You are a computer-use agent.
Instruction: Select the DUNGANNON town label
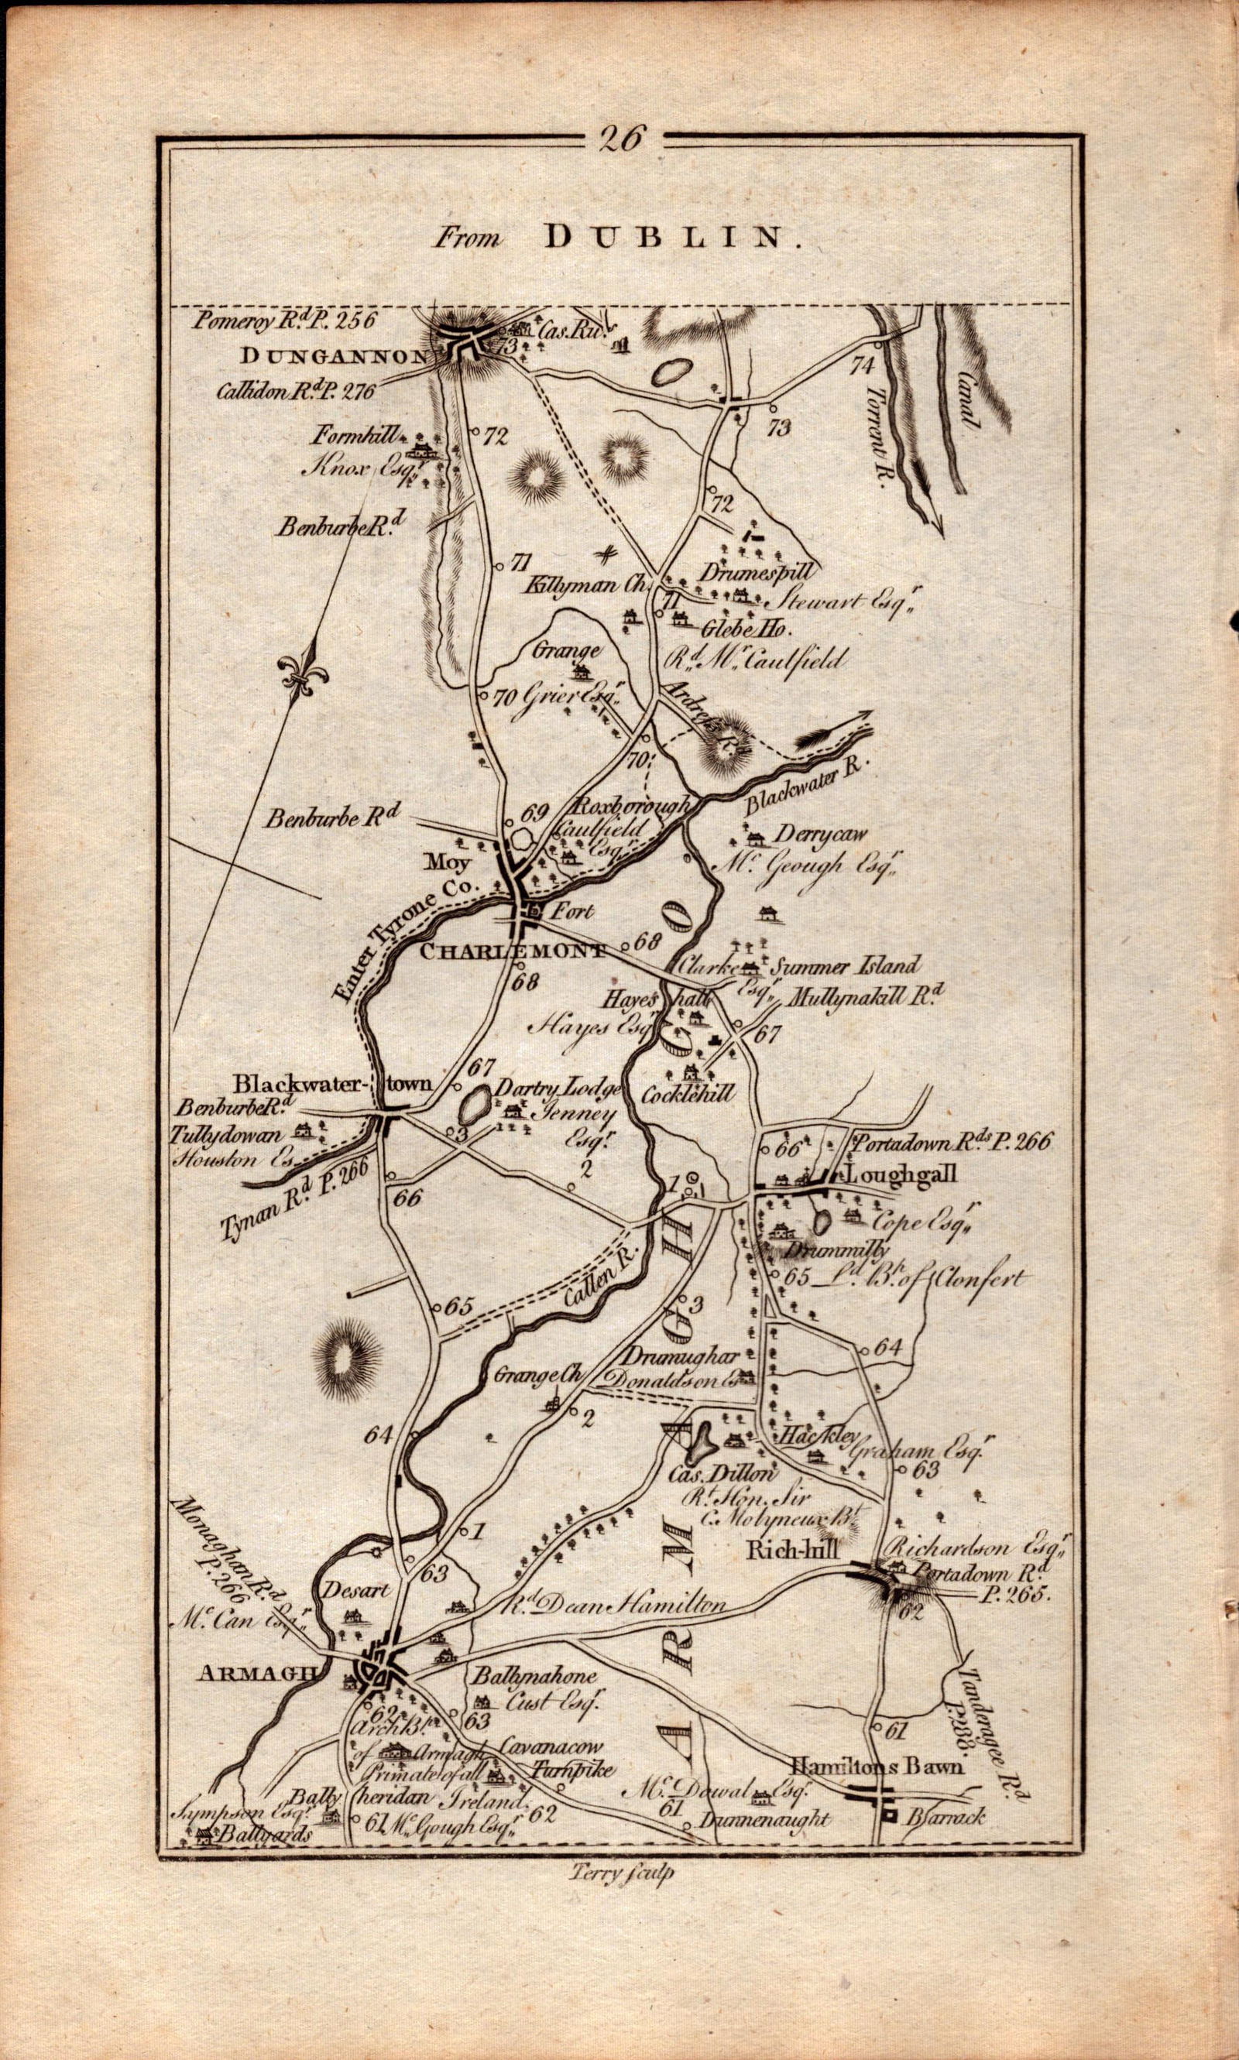[x=334, y=356]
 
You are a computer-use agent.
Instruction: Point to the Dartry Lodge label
[x=557, y=1088]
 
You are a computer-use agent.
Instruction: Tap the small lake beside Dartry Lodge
[x=474, y=1108]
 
